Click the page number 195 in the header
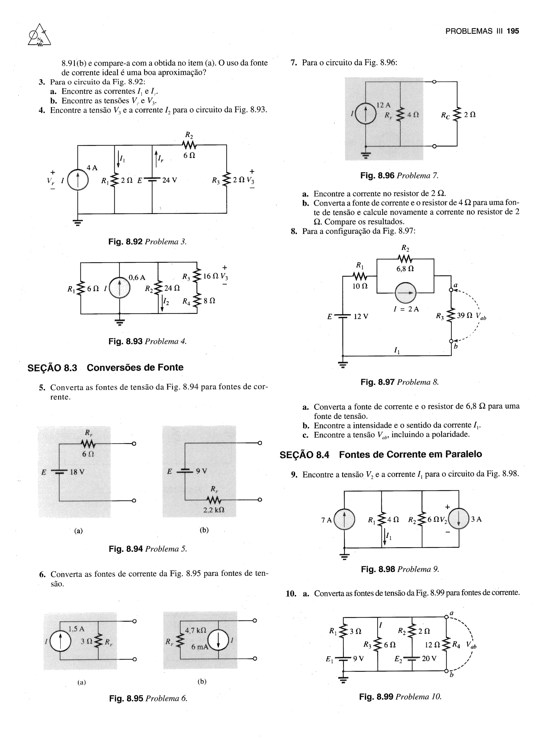click(x=513, y=31)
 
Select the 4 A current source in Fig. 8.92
click(x=78, y=181)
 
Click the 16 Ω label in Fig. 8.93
click(x=209, y=276)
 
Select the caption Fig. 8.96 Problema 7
click(x=399, y=176)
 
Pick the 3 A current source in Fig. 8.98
click(x=459, y=519)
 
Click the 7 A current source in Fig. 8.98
click(x=344, y=519)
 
